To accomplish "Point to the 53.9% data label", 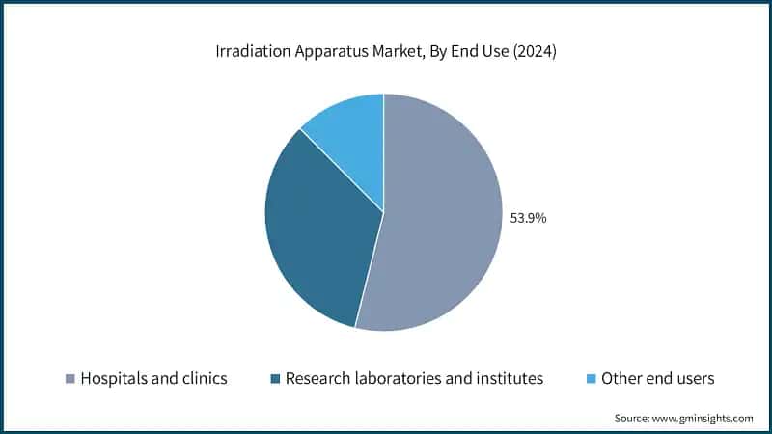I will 528,218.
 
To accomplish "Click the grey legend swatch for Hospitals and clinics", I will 69,379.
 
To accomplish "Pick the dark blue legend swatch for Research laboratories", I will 276,379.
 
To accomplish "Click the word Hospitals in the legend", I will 117,378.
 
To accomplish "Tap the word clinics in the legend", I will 204,378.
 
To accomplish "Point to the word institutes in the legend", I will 510,378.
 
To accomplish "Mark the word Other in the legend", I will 622,378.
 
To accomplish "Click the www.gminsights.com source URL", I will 704,418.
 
